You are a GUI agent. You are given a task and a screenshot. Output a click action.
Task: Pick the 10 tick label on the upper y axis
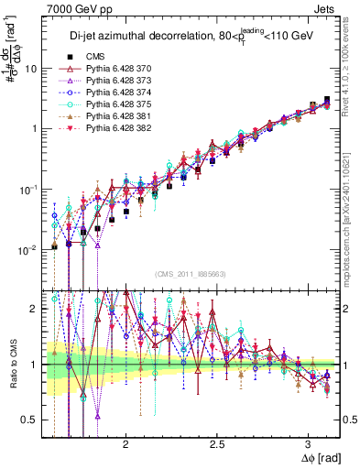tap(31, 69)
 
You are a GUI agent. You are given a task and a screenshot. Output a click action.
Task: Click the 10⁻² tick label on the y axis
tap(29, 250)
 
